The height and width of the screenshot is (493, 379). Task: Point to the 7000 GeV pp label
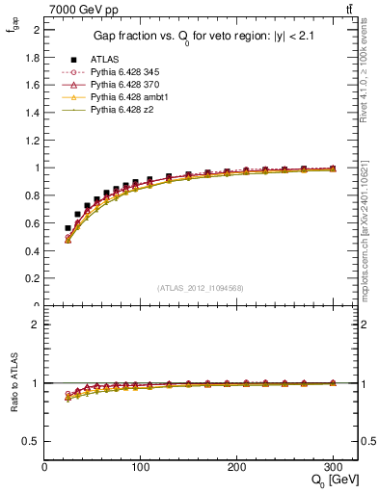click(81, 10)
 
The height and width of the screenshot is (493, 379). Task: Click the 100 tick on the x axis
click(141, 466)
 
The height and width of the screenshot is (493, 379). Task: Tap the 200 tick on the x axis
click(237, 466)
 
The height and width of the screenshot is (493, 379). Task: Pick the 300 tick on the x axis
click(334, 466)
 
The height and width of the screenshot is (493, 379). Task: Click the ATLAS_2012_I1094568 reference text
click(201, 288)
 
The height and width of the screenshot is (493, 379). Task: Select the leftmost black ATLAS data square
click(68, 228)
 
